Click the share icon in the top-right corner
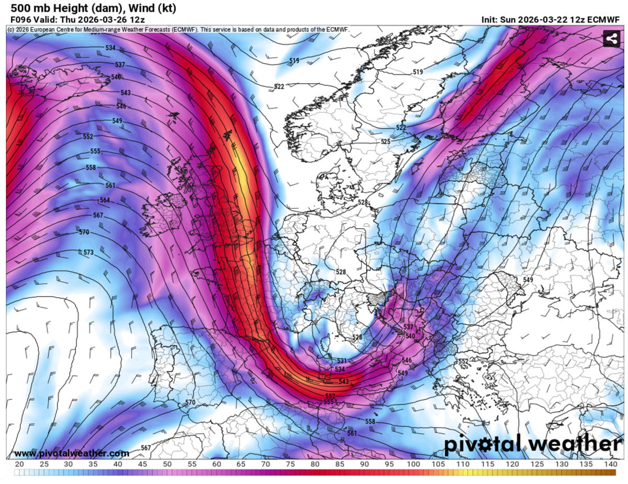coord(610,39)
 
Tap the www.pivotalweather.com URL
coord(71,453)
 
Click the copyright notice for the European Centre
coord(178,30)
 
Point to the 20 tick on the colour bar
coord(19,464)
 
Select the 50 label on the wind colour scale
coord(167,464)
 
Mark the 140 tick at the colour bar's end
coord(610,464)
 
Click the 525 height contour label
coord(385,142)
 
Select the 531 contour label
coord(341,361)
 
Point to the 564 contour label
coord(105,200)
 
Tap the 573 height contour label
coord(88,252)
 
